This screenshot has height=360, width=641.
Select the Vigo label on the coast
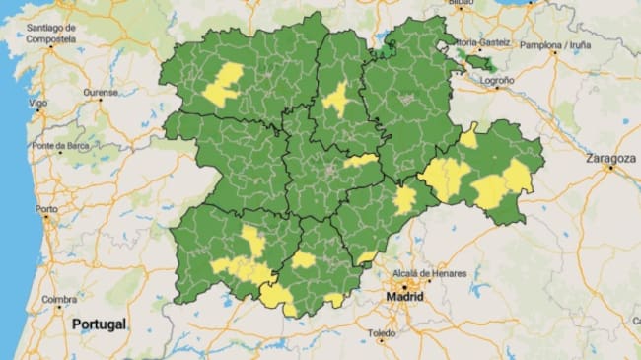tap(38, 103)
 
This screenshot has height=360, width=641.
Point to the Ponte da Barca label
tap(60, 146)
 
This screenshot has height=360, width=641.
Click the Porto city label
tap(46, 209)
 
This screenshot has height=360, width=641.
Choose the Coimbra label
tap(59, 299)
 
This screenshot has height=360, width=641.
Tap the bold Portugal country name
tap(99, 324)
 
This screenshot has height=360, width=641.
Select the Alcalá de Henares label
tap(425, 271)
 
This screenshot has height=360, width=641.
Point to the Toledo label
tap(383, 335)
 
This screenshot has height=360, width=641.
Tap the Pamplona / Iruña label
tap(555, 45)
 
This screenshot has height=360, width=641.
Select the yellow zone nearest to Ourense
tap(224, 84)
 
